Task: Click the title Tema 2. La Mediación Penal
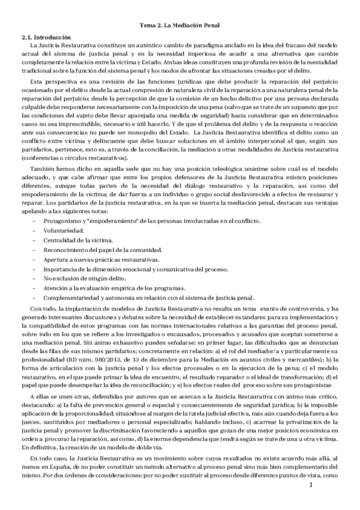pyautogui.click(x=180, y=25)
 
